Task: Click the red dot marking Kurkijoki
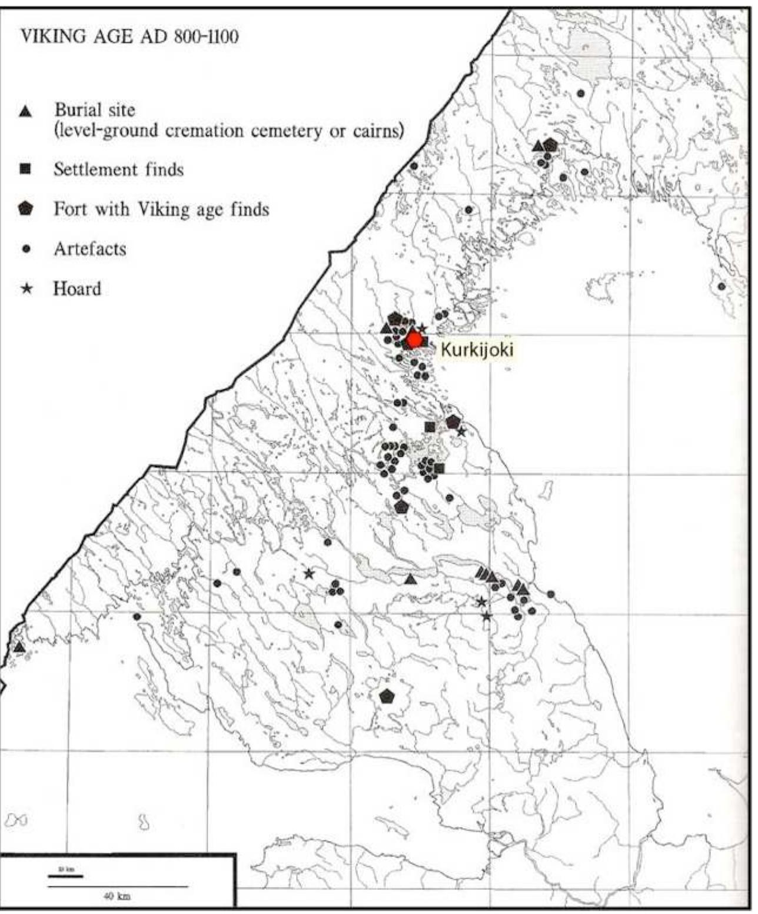[414, 340]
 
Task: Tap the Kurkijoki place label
[477, 350]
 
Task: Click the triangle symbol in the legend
[25, 111]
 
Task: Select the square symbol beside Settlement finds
[25, 169]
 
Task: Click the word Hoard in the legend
[77, 289]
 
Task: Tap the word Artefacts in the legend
[89, 249]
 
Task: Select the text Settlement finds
[118, 169]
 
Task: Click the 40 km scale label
[117, 896]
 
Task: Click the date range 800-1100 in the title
[206, 37]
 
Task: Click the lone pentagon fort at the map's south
[387, 696]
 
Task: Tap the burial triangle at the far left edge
[19, 647]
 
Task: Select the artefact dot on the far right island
[722, 287]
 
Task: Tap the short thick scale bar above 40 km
[65, 876]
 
